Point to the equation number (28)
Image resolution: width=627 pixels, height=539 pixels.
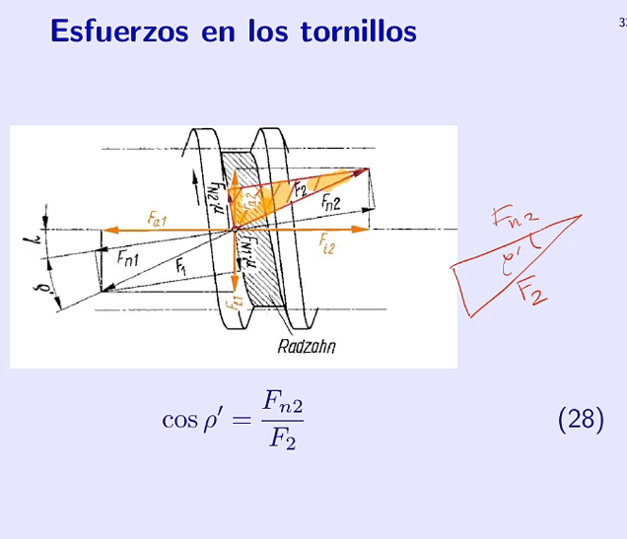[x=580, y=420]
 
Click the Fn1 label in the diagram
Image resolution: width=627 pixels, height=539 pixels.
[x=128, y=258]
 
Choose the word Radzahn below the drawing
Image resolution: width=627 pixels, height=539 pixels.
[x=307, y=346]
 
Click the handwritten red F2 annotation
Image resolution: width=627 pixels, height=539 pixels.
[x=532, y=291]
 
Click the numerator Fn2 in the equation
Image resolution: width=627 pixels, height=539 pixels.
[x=281, y=401]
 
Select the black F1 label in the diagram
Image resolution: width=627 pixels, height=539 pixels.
[x=180, y=266]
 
